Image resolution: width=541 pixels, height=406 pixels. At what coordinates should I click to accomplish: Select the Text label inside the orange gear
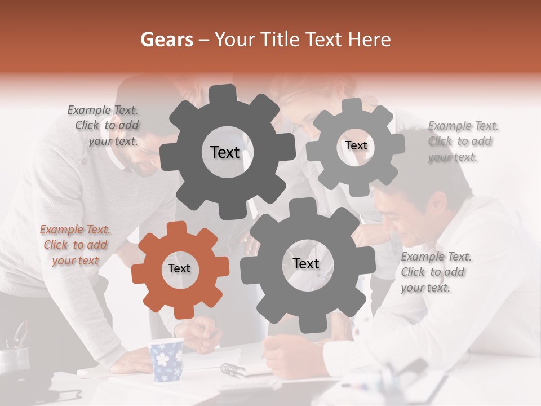pyautogui.click(x=179, y=269)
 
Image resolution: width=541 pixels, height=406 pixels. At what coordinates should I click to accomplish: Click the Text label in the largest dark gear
pyautogui.click(x=225, y=152)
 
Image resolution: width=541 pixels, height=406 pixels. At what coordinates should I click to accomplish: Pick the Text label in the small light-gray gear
pyautogui.click(x=356, y=145)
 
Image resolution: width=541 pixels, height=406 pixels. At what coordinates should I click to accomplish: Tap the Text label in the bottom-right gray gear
pyautogui.click(x=306, y=263)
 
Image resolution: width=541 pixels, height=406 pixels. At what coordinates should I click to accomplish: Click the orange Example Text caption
pyautogui.click(x=75, y=245)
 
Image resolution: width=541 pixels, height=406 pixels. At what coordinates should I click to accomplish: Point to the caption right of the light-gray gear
pyautogui.click(x=463, y=141)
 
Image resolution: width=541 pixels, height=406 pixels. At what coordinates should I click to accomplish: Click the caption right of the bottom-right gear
pyautogui.click(x=436, y=272)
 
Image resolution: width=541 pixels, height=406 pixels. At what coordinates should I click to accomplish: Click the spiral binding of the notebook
pyautogui.click(x=232, y=369)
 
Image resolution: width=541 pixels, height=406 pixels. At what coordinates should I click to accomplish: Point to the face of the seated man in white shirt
pyautogui.click(x=403, y=217)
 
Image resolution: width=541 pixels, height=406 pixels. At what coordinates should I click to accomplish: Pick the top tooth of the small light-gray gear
pyautogui.click(x=352, y=105)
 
